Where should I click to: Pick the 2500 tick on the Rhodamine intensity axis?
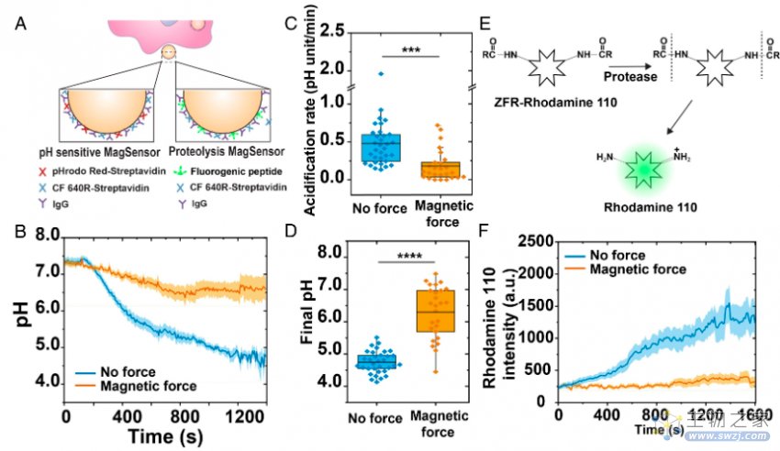(x=533, y=240)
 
